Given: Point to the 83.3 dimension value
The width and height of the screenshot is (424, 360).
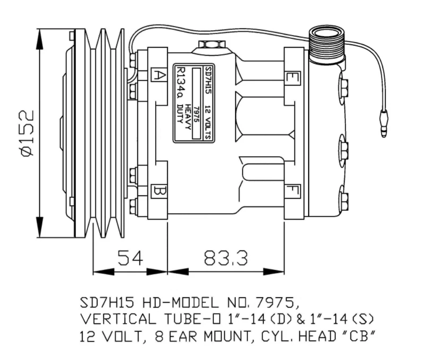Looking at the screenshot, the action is tap(225, 258).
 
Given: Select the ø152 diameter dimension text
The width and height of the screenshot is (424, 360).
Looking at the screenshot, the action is tap(28, 133).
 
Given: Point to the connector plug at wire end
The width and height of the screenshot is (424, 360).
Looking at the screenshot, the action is tap(384, 123).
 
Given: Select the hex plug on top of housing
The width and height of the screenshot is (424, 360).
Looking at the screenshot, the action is tap(212, 44).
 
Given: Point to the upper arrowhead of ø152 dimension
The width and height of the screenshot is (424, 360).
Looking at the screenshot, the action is tap(40, 39).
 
